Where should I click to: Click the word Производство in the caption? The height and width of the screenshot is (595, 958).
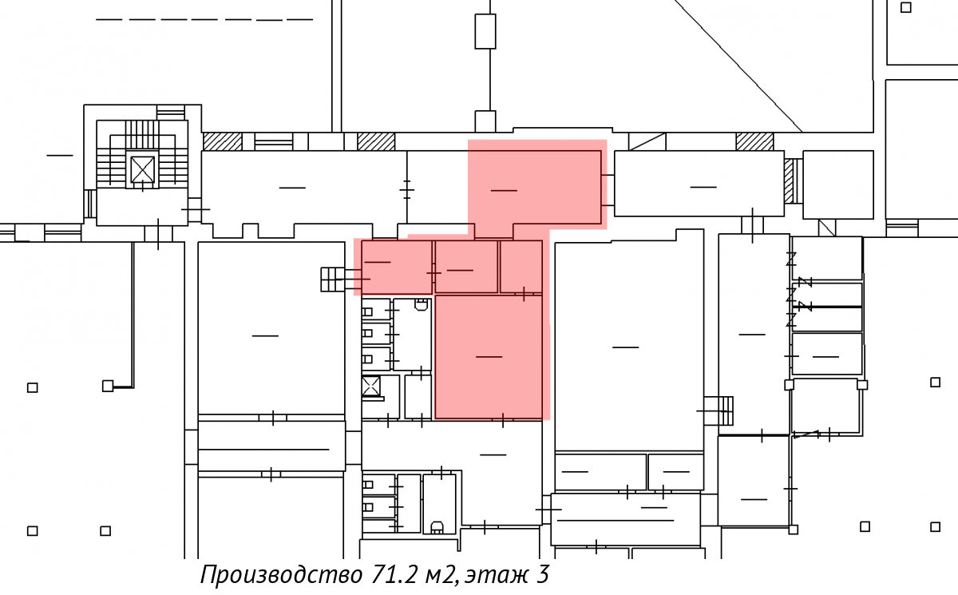(281, 575)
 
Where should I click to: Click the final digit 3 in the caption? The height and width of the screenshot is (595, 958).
(542, 574)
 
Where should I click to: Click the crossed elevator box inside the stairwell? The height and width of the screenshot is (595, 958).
(142, 169)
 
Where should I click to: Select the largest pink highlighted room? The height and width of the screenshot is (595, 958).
(489, 357)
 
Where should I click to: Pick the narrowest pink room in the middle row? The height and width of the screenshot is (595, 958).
(521, 267)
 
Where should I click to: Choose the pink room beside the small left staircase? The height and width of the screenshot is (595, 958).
(397, 267)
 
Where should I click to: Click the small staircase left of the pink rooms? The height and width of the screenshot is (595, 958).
(333, 280)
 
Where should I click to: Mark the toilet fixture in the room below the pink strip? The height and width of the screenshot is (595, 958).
(422, 304)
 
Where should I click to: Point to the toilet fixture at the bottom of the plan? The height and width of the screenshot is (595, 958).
(437, 527)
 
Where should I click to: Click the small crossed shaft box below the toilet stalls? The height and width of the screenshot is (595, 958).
(370, 387)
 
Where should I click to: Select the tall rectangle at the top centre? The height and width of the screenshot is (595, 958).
(485, 31)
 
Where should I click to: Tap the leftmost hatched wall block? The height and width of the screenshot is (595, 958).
(223, 141)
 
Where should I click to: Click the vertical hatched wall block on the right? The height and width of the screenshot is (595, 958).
(788, 181)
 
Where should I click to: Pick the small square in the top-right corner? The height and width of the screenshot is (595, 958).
(906, 7)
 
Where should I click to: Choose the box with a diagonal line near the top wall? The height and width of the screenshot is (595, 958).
(647, 141)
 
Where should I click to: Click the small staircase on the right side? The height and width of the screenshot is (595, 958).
(718, 411)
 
